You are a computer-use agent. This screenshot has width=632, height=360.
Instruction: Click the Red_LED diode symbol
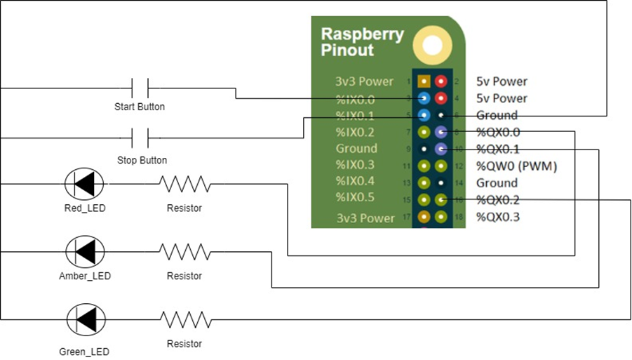(x=84, y=184)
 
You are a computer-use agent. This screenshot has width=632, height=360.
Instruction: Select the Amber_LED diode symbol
(x=85, y=251)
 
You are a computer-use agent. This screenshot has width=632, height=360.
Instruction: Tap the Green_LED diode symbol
(x=85, y=319)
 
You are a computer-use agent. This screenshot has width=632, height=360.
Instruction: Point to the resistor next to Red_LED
(x=184, y=185)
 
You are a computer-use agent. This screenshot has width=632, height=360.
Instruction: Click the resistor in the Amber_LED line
(x=184, y=251)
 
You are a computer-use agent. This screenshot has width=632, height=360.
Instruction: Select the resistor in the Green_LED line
(x=184, y=319)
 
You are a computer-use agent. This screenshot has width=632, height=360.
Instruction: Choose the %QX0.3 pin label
(x=498, y=217)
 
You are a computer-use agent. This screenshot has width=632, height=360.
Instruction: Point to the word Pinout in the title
(x=347, y=51)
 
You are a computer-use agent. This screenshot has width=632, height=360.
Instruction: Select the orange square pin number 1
(x=424, y=82)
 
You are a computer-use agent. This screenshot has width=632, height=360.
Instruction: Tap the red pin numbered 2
(x=441, y=82)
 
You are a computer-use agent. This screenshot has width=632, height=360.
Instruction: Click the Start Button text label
(x=140, y=107)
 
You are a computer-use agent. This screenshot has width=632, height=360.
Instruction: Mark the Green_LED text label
(x=84, y=351)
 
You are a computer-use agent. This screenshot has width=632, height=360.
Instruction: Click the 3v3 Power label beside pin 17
(x=365, y=218)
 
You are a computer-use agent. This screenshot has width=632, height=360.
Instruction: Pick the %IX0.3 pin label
(x=356, y=166)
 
